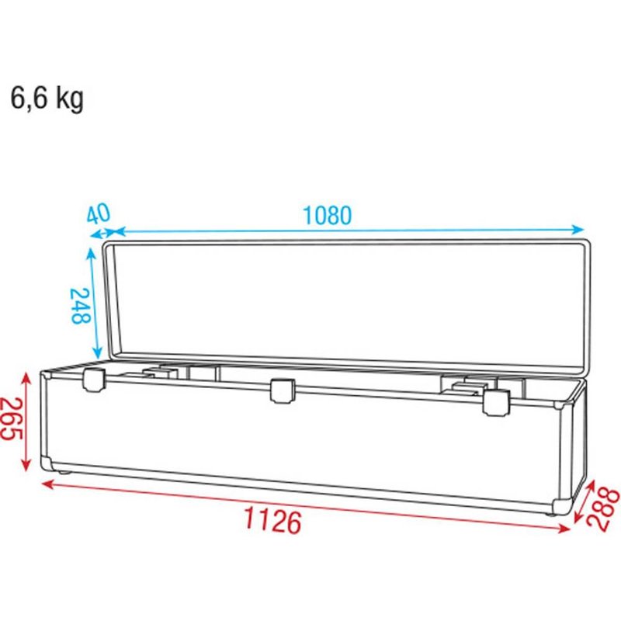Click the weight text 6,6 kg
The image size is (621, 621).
47,99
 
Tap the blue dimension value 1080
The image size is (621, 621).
327,215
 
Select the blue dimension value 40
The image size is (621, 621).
99,213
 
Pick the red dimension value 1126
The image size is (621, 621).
272,522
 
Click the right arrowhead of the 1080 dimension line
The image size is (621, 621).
578,229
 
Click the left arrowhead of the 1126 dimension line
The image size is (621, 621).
45,483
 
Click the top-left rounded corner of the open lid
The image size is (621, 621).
108,245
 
